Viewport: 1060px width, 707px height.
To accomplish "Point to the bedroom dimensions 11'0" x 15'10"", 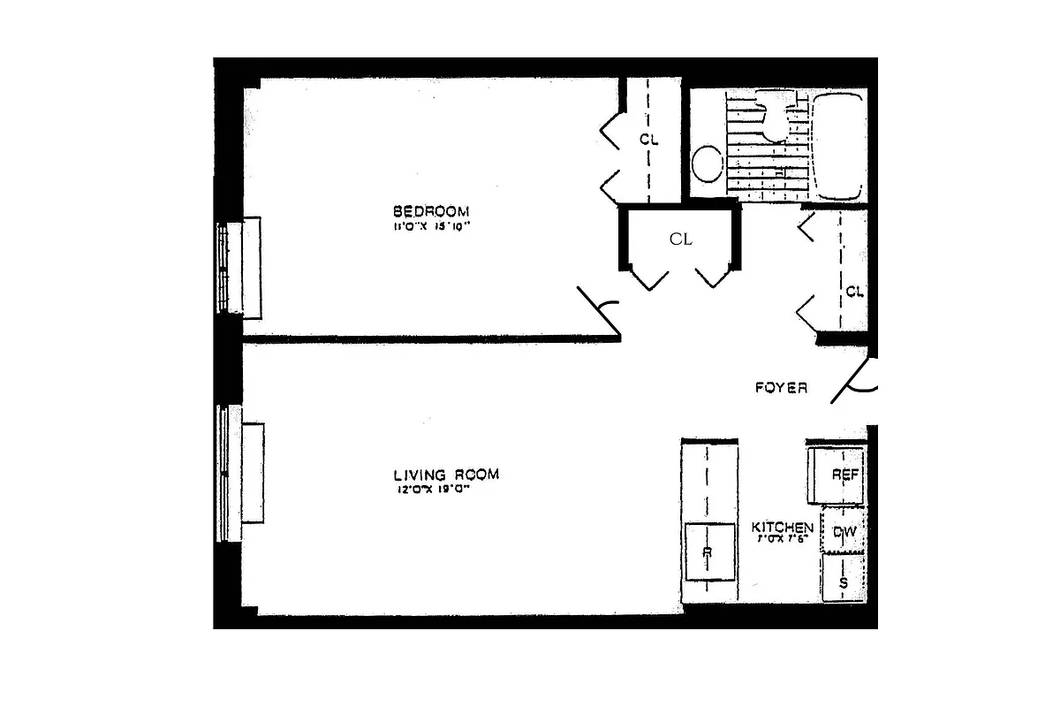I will [x=430, y=226].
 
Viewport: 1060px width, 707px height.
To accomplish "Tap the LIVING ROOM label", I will [x=446, y=475].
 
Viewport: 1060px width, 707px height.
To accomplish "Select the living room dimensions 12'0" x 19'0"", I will [x=432, y=490].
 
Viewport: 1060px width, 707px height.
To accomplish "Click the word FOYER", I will [x=781, y=388].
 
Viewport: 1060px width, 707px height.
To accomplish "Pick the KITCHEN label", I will [x=782, y=528].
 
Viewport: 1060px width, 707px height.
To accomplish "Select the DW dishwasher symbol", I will [x=844, y=530].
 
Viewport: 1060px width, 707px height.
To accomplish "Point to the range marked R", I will [x=709, y=551].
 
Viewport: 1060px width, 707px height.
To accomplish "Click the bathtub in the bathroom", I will [x=838, y=146].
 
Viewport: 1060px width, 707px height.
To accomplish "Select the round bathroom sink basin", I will [x=706, y=164].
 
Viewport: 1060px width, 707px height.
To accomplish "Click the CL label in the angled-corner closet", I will [x=680, y=239].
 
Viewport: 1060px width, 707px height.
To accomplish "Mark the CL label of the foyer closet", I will [x=854, y=292].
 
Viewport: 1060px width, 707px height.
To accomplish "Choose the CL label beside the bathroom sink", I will [x=648, y=140].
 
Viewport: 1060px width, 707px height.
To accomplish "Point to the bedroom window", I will [x=237, y=267].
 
